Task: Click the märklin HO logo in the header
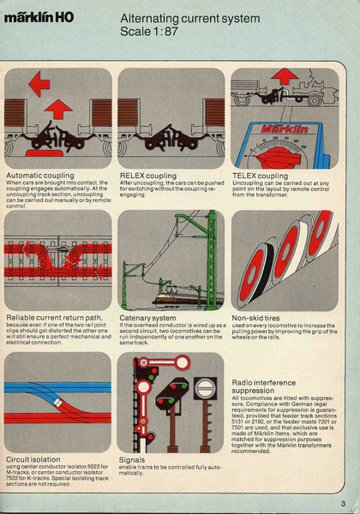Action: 43,26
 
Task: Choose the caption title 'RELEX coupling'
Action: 147,176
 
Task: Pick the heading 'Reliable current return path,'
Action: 51,317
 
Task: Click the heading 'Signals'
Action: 134,458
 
